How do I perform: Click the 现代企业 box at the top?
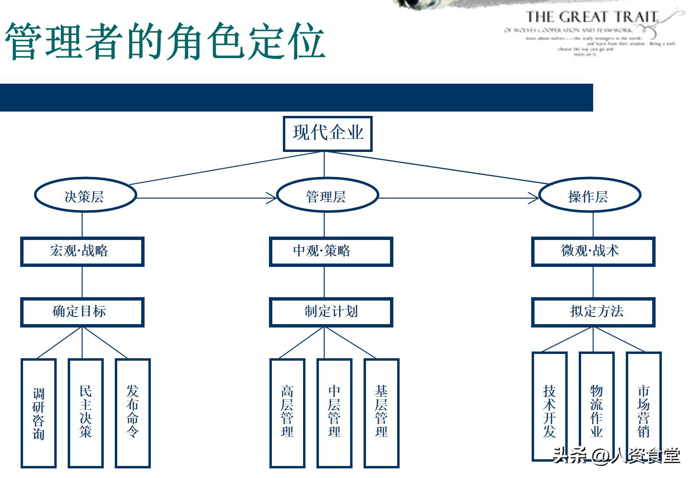pyautogui.click(x=328, y=133)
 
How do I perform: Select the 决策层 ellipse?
pyautogui.click(x=85, y=196)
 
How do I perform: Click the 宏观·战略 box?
pyautogui.click(x=82, y=251)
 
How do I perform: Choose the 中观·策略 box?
pyautogui.click(x=331, y=251)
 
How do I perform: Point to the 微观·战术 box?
pyautogui.click(x=593, y=251)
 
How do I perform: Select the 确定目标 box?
pyautogui.click(x=82, y=312)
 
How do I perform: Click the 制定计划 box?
pyautogui.click(x=331, y=312)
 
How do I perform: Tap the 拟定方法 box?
pyautogui.click(x=593, y=312)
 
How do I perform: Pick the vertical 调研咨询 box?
pyautogui.click(x=39, y=413)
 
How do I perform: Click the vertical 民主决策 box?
pyautogui.click(x=85, y=412)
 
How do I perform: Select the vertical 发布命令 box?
pyautogui.click(x=133, y=412)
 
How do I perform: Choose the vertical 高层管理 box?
pyautogui.click(x=287, y=412)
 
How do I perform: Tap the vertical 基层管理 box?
pyautogui.click(x=381, y=412)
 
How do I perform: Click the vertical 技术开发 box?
pyautogui.click(x=549, y=406)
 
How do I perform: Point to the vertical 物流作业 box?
pyautogui.click(x=597, y=406)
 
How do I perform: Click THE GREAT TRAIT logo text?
pyautogui.click(x=591, y=17)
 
